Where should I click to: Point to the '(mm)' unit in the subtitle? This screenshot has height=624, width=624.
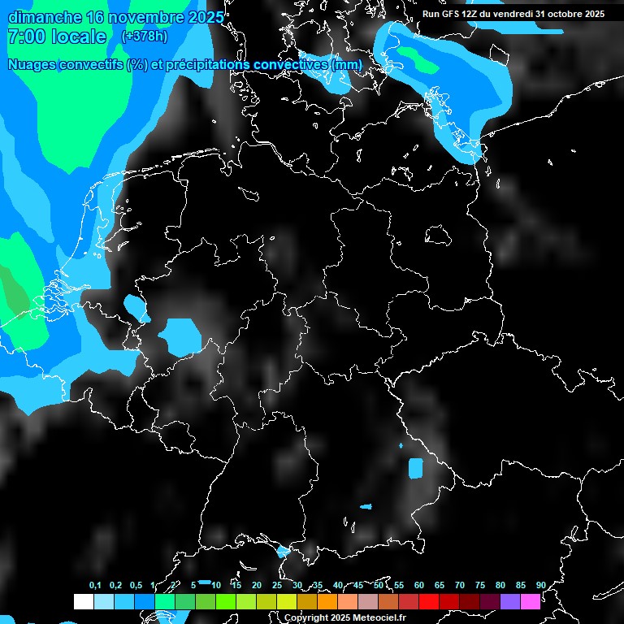(346, 64)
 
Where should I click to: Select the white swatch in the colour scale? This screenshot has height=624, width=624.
(83, 601)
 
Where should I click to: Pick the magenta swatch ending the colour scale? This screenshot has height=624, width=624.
(531, 601)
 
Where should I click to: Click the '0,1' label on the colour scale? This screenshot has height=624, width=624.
(95, 586)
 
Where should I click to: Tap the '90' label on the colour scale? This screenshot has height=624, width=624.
(540, 586)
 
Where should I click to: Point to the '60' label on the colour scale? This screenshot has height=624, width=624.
(419, 586)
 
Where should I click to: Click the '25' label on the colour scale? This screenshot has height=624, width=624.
(277, 586)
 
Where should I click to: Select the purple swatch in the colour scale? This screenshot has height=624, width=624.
(510, 601)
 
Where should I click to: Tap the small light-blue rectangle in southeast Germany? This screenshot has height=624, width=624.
(416, 468)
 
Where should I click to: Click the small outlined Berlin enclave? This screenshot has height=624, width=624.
(440, 236)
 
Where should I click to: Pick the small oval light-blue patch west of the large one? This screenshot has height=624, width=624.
(133, 307)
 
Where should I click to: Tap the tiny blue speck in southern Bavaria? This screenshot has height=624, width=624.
(366, 507)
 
